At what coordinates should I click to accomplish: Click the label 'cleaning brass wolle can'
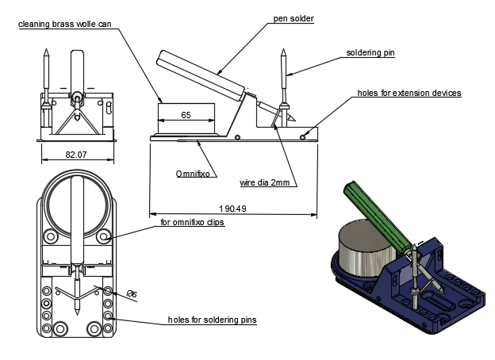[69, 25]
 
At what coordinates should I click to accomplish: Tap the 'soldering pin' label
[370, 54]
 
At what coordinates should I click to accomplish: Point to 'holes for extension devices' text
[409, 93]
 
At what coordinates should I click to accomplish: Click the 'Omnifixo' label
[193, 172]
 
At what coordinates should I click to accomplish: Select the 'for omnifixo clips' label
[193, 223]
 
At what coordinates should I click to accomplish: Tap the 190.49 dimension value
[231, 208]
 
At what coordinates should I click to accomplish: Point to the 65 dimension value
[186, 116]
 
